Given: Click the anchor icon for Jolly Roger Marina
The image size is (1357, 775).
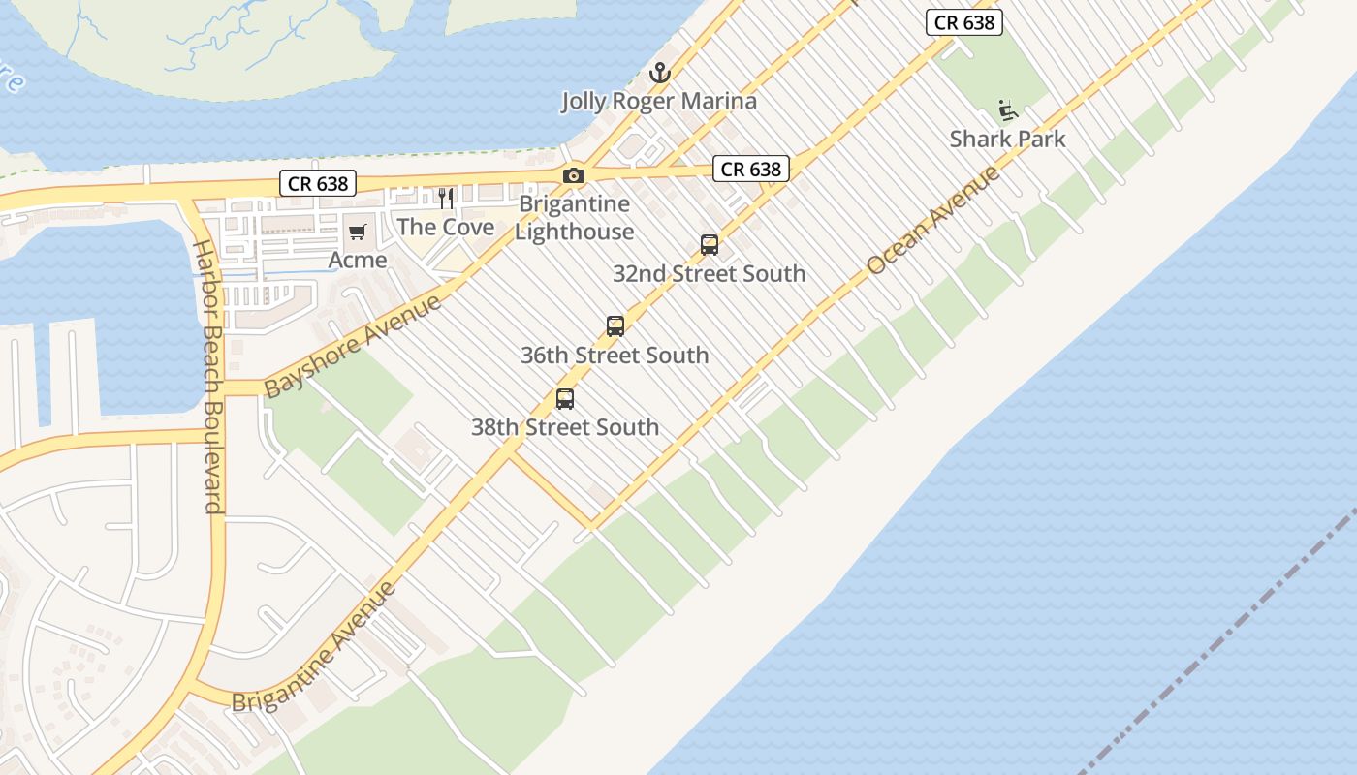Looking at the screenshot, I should (659, 73).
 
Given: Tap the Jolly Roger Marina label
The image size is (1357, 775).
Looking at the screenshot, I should (659, 101).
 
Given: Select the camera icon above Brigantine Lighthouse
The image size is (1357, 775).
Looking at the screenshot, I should (574, 175).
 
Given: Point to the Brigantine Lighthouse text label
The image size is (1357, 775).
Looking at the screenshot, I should (575, 218).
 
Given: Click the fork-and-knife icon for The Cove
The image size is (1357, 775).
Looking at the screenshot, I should (446, 199).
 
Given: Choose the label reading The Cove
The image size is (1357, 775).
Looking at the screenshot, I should (446, 228).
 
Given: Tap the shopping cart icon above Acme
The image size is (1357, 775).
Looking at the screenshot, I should (358, 232).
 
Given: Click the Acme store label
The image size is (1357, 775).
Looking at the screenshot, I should (358, 260).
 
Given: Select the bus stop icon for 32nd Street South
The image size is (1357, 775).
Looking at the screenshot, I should (710, 245).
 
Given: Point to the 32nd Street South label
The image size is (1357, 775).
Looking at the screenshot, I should (710, 274).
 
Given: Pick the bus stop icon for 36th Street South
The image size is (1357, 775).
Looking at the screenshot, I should (615, 326).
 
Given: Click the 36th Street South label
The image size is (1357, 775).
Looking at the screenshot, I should (615, 356).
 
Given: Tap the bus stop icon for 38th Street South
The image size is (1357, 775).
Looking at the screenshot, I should (565, 398).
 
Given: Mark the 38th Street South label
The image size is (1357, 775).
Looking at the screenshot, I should (565, 427).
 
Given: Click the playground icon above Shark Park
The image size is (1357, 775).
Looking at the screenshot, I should (1008, 110).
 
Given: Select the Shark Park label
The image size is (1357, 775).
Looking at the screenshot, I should (1008, 139).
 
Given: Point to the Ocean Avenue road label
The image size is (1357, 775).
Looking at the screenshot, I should (932, 220).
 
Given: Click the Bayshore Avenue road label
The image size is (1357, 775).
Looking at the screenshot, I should (353, 346).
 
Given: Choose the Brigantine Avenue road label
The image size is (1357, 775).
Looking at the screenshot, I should (314, 647).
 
